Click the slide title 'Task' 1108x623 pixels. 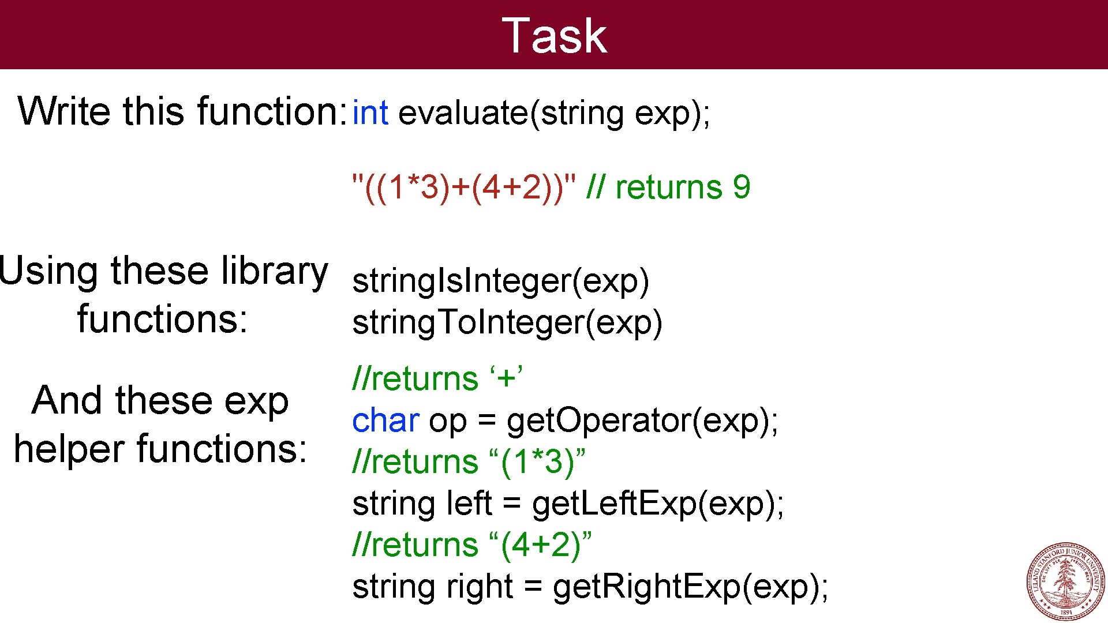[x=554, y=36]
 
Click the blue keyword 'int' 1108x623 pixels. [x=370, y=112]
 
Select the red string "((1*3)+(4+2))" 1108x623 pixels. [x=464, y=187]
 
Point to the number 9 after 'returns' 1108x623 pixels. [x=741, y=187]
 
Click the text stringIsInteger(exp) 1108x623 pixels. [x=500, y=281]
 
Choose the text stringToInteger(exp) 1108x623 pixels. [x=507, y=322]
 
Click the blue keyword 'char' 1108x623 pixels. [x=385, y=421]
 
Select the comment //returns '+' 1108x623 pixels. [x=437, y=379]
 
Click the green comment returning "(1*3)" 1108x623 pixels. [x=468, y=462]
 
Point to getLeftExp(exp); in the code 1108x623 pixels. [x=658, y=504]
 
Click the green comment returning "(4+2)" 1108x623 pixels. [x=471, y=545]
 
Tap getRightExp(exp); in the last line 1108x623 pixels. [x=690, y=587]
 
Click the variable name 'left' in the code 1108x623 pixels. [x=469, y=504]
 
